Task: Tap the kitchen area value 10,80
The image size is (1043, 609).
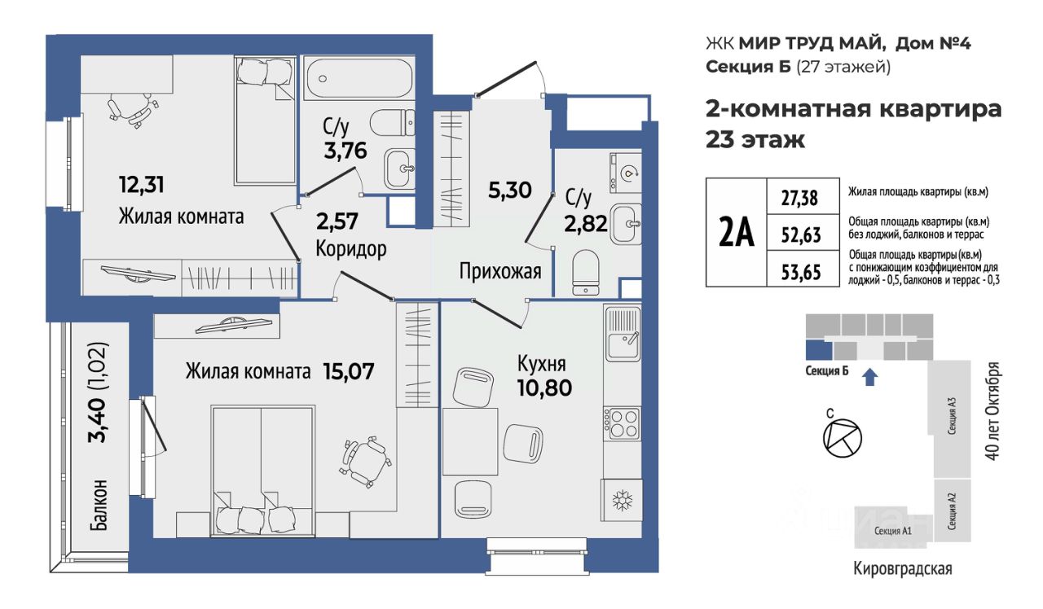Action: pos(544,388)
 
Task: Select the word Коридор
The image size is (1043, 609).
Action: pos(351,248)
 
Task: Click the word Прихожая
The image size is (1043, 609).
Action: pos(500,271)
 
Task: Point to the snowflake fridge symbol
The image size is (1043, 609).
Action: pos(622,501)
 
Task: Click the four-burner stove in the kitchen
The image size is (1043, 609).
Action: pos(622,423)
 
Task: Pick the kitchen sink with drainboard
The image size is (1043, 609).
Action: pos(623,333)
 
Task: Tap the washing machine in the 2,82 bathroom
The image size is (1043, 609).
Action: pos(626,173)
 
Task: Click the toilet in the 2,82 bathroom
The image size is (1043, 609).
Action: pos(585,273)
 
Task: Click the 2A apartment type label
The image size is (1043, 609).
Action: pos(736,232)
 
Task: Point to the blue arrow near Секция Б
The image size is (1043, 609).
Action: pos(870,377)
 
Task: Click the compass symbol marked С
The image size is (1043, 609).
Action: pos(843,438)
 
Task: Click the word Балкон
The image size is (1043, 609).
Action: pos(99,506)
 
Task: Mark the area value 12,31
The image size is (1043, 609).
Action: pos(142,184)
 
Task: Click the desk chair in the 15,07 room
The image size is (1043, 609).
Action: pos(366,462)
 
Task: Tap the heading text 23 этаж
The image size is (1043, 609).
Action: pos(755,139)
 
